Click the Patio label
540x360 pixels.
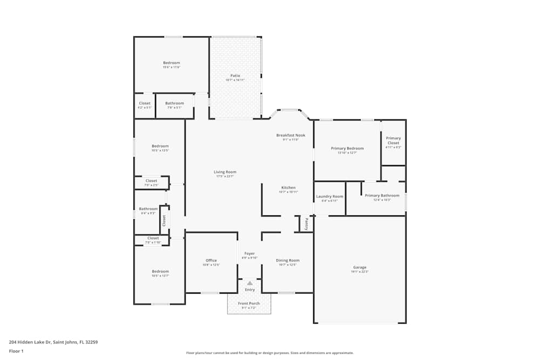click(235, 76)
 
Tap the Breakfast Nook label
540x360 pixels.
click(291, 135)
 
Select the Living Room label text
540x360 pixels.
click(225, 172)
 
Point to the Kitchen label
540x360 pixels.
click(288, 188)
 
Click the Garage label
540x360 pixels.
click(360, 268)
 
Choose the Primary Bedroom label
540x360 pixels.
click(347, 148)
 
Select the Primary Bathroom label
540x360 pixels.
click(382, 195)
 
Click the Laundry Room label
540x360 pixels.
click(329, 196)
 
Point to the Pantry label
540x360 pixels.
click(306, 223)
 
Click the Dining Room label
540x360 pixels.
click(287, 261)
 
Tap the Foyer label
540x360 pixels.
click(249, 254)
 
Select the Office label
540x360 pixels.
click(211, 261)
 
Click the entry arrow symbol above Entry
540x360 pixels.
click(249, 282)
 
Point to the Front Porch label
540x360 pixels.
click(249, 303)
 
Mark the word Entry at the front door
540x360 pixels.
click(249, 290)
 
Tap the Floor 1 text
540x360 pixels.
click(17, 351)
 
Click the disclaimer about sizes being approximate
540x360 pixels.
click(270, 352)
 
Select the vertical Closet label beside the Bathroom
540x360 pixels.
click(164, 220)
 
